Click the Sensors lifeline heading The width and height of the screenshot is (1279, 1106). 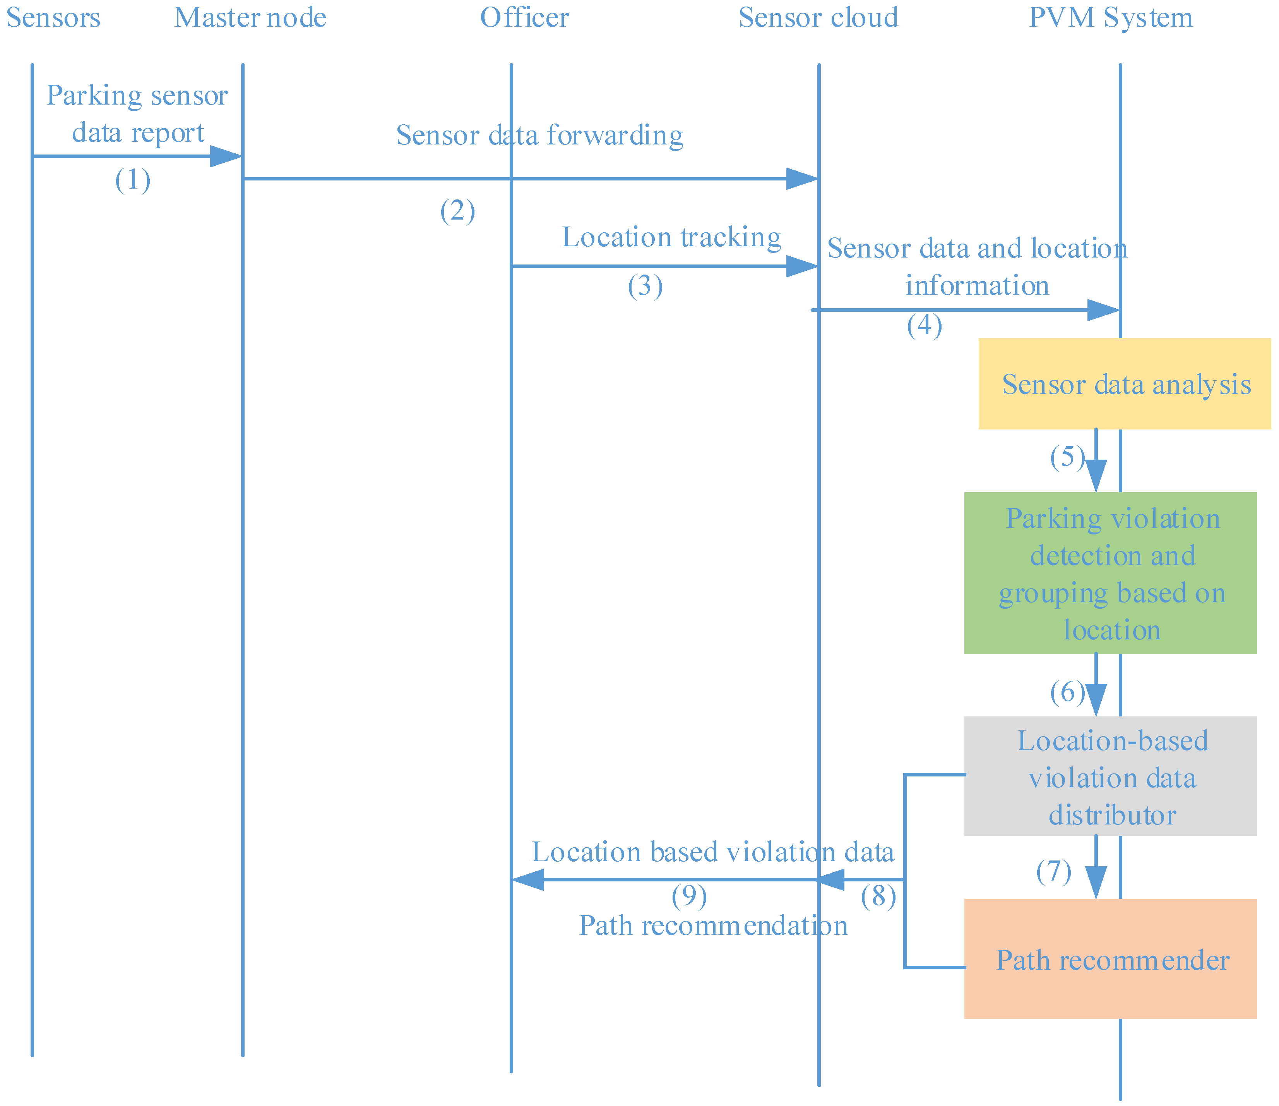[x=53, y=18]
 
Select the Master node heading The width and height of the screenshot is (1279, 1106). [x=250, y=18]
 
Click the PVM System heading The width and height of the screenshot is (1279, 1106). [x=1111, y=18]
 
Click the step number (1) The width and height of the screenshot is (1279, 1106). [x=133, y=181]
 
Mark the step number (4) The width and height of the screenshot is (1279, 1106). [x=924, y=325]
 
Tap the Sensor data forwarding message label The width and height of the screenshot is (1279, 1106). [x=539, y=135]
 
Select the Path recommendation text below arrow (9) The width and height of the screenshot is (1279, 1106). [x=713, y=926]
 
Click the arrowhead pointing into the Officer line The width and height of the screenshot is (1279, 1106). [x=528, y=879]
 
